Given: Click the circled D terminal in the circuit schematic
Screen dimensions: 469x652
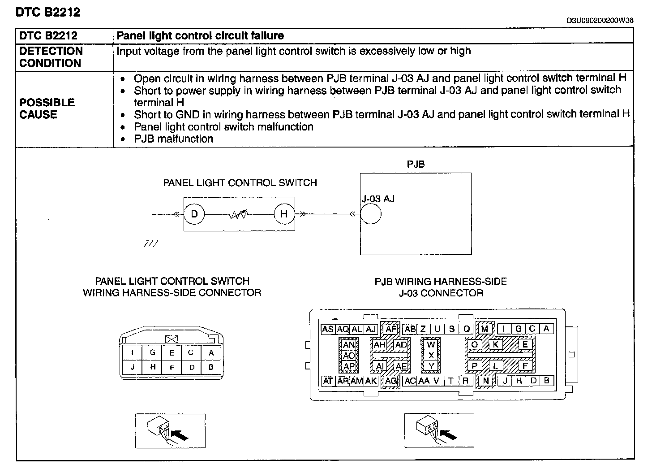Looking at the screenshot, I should [194, 214].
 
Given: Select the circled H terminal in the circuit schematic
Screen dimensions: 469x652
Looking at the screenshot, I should [284, 214].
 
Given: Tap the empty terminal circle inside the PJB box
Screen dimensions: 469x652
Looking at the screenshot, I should [370, 214].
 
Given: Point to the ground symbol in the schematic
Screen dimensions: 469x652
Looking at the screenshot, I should [152, 243].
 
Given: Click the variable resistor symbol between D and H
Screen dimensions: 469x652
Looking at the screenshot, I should [239, 215].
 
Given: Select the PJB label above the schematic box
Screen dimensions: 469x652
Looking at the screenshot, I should [416, 165].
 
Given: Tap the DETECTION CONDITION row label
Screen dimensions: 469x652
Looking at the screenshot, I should [51, 57].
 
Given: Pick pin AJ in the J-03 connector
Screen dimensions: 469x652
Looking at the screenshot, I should [371, 329].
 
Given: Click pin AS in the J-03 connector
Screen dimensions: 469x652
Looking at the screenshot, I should [328, 329].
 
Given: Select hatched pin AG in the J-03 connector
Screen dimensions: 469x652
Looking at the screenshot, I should [391, 381].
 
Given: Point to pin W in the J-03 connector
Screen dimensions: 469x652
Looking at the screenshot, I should [431, 345].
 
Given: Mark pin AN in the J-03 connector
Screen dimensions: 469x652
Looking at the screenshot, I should [349, 345].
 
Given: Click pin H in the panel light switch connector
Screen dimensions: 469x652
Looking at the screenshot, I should [152, 367].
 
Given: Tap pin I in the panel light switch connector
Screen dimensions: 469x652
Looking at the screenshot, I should [132, 353].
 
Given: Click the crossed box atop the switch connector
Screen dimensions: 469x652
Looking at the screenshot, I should [172, 339].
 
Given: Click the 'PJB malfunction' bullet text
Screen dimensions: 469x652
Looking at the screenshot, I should [173, 139].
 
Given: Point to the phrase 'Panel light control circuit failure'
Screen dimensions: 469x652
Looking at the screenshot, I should [200, 36].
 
